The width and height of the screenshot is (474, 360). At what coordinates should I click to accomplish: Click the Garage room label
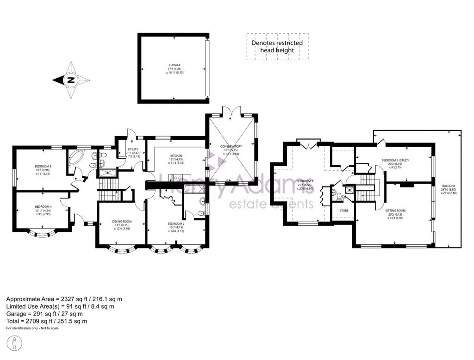pos(174,65)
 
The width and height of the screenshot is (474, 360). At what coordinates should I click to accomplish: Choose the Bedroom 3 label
pos(43,166)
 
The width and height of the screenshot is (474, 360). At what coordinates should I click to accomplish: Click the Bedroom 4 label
pos(43,207)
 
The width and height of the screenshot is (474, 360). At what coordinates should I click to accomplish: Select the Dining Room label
pos(121,221)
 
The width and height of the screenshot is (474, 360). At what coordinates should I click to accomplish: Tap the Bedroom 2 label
pos(176,223)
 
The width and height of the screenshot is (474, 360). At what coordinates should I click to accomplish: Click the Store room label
pos(343,211)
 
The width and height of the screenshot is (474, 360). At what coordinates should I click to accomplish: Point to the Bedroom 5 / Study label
pos(395,161)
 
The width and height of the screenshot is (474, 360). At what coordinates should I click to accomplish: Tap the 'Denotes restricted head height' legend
pos(277,46)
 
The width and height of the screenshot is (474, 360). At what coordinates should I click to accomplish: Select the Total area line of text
pos(47,321)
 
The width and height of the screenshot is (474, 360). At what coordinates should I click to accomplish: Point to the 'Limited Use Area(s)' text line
pos(60,306)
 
